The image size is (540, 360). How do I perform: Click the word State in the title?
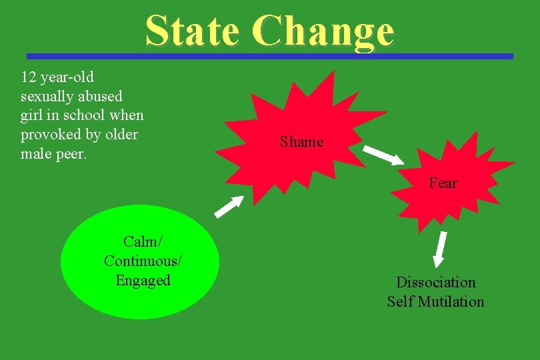pyautogui.click(x=192, y=31)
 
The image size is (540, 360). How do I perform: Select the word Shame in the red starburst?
pyautogui.click(x=301, y=142)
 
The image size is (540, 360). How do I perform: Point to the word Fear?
pyautogui.click(x=443, y=183)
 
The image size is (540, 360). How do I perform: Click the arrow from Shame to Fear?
pyautogui.click(x=383, y=154)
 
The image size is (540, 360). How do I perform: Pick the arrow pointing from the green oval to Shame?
pyautogui.click(x=229, y=207)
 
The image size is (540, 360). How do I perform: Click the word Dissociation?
pyautogui.click(x=436, y=283)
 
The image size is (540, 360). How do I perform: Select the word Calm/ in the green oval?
pyautogui.click(x=143, y=241)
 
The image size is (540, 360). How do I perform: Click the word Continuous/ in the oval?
pyautogui.click(x=143, y=261)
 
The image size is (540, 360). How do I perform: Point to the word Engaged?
pyautogui.click(x=143, y=280)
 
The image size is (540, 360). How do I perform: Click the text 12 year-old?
pyautogui.click(x=57, y=77)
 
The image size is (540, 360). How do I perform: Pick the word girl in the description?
pyautogui.click(x=33, y=115)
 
